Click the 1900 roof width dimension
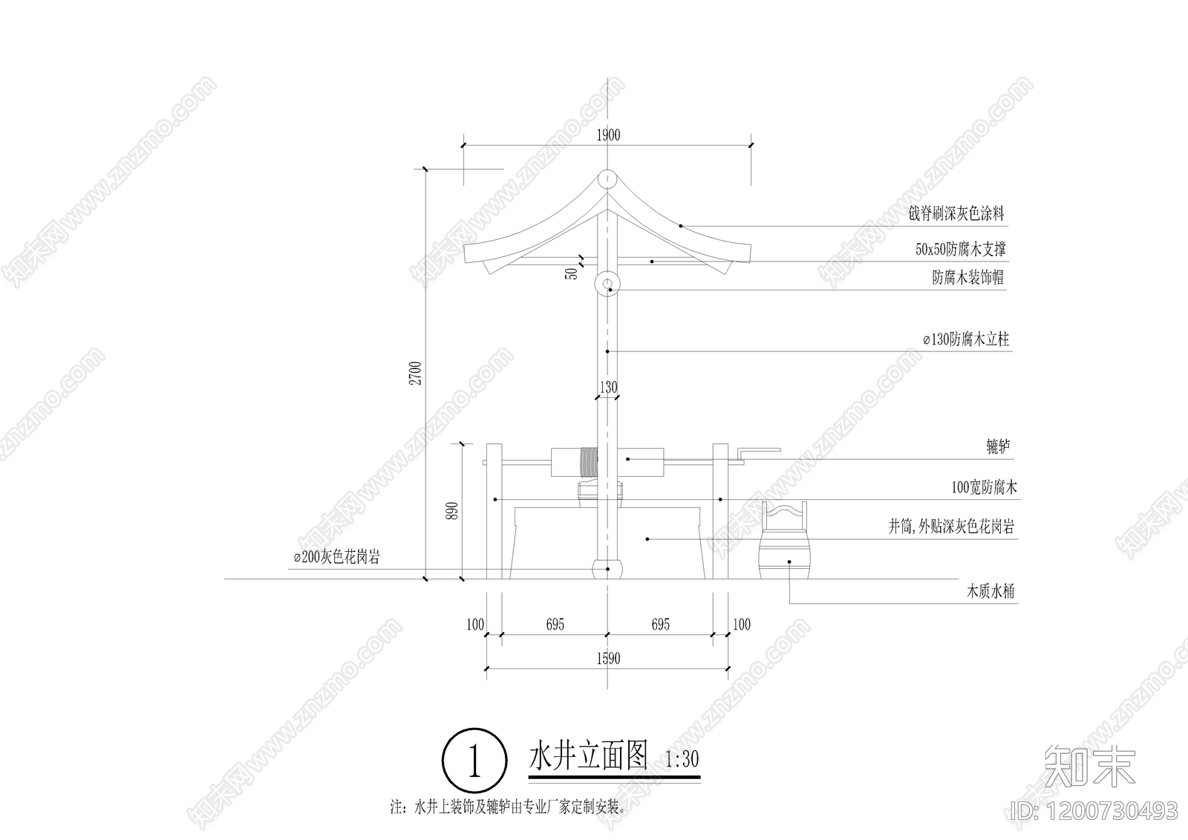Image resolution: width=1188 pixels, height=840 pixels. tap(607, 135)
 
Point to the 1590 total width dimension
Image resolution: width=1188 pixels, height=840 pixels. tap(607, 659)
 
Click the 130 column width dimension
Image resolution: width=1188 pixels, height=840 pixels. tap(607, 387)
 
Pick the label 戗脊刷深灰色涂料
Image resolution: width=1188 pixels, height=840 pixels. tap(956, 214)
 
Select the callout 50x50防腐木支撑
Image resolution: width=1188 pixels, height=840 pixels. tap(960, 250)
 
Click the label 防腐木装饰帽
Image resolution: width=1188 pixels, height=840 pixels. tap(969, 278)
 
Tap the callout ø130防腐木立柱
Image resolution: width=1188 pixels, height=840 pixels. tap(965, 339)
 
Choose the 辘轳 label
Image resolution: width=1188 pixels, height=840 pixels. tap(997, 447)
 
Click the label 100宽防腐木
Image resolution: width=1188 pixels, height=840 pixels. tap(984, 488)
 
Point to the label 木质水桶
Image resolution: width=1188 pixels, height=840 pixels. tap(990, 592)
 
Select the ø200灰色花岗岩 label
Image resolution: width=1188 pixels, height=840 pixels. tap(336, 557)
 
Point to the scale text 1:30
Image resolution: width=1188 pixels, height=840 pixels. tap(682, 760)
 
